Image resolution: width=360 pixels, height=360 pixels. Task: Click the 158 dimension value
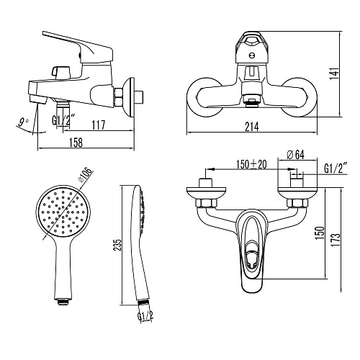tap(76, 142)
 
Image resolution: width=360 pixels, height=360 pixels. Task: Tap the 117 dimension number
tap(99, 125)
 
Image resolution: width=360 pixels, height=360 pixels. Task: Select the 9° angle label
tap(23, 122)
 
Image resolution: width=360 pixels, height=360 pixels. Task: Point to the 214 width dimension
tap(252, 127)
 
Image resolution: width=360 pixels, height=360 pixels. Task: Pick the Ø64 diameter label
tap(295, 154)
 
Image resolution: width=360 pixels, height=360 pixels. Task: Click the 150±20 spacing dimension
tap(251, 164)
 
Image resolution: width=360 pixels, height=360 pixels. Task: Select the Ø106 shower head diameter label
tap(86, 175)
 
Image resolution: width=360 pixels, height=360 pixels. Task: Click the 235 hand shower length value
tap(117, 245)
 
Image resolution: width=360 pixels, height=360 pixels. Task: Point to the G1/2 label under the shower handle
tap(145, 316)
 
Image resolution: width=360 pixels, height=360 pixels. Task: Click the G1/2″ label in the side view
tap(60, 121)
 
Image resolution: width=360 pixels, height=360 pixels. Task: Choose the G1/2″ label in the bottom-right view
tap(336, 168)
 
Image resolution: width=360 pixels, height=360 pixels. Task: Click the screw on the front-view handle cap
tap(252, 55)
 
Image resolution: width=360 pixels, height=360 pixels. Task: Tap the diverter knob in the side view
tap(60, 72)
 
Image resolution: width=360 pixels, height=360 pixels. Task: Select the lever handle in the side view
tap(78, 48)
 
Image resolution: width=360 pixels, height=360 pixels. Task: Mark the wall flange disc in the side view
tap(129, 97)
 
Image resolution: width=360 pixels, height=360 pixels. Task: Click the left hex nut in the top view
tap(206, 203)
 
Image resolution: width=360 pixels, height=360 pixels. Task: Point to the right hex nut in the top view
tap(297, 203)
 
